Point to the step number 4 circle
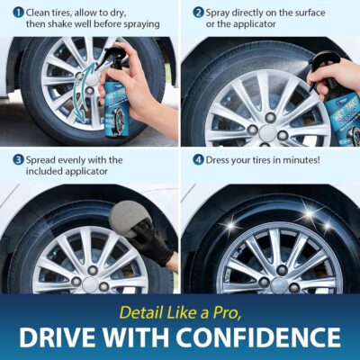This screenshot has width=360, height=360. (x=198, y=160)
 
